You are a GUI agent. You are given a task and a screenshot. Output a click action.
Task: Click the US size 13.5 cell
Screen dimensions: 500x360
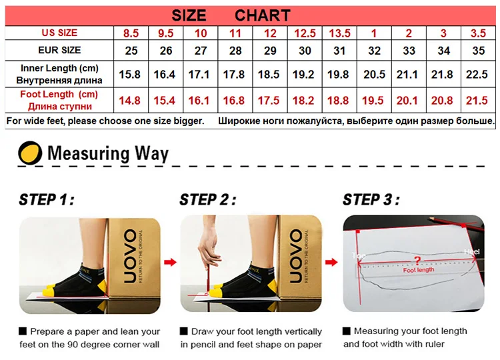tap(339, 33)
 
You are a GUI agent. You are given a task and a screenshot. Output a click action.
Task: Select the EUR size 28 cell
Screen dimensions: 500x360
tap(235, 51)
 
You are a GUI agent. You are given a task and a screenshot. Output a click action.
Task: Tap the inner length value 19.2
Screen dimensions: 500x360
tap(303, 74)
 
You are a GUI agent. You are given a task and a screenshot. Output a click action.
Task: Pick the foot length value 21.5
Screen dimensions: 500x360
tap(477, 101)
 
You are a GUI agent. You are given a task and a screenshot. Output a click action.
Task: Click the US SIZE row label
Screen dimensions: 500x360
tap(59, 33)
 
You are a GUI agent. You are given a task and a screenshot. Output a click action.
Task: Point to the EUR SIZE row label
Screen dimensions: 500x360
tap(59, 50)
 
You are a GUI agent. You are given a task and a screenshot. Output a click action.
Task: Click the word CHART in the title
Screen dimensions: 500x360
tap(263, 15)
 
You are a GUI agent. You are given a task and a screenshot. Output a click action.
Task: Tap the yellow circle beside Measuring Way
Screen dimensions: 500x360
tap(30, 153)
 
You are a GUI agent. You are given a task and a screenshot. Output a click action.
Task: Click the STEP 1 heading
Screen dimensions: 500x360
tap(47, 200)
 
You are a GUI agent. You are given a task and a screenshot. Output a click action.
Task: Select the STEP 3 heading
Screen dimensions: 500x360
tap(371, 200)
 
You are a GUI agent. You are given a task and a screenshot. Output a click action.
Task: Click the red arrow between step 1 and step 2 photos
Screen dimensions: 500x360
tap(170, 262)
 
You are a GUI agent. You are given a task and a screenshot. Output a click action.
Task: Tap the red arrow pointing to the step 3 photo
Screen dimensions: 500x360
tap(331, 262)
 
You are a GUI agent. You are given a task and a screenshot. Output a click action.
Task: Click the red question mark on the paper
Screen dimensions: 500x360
tap(417, 261)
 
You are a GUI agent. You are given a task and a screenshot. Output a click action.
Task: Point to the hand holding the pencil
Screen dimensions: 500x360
tap(209, 245)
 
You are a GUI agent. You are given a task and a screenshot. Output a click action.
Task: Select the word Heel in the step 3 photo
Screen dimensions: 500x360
tap(472, 251)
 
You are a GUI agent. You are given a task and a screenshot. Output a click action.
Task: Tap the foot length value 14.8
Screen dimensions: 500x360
tap(129, 101)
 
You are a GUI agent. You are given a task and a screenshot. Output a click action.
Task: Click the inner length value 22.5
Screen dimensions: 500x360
tap(477, 74)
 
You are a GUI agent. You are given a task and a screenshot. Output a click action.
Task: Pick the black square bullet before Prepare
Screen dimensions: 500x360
tap(23, 331)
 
